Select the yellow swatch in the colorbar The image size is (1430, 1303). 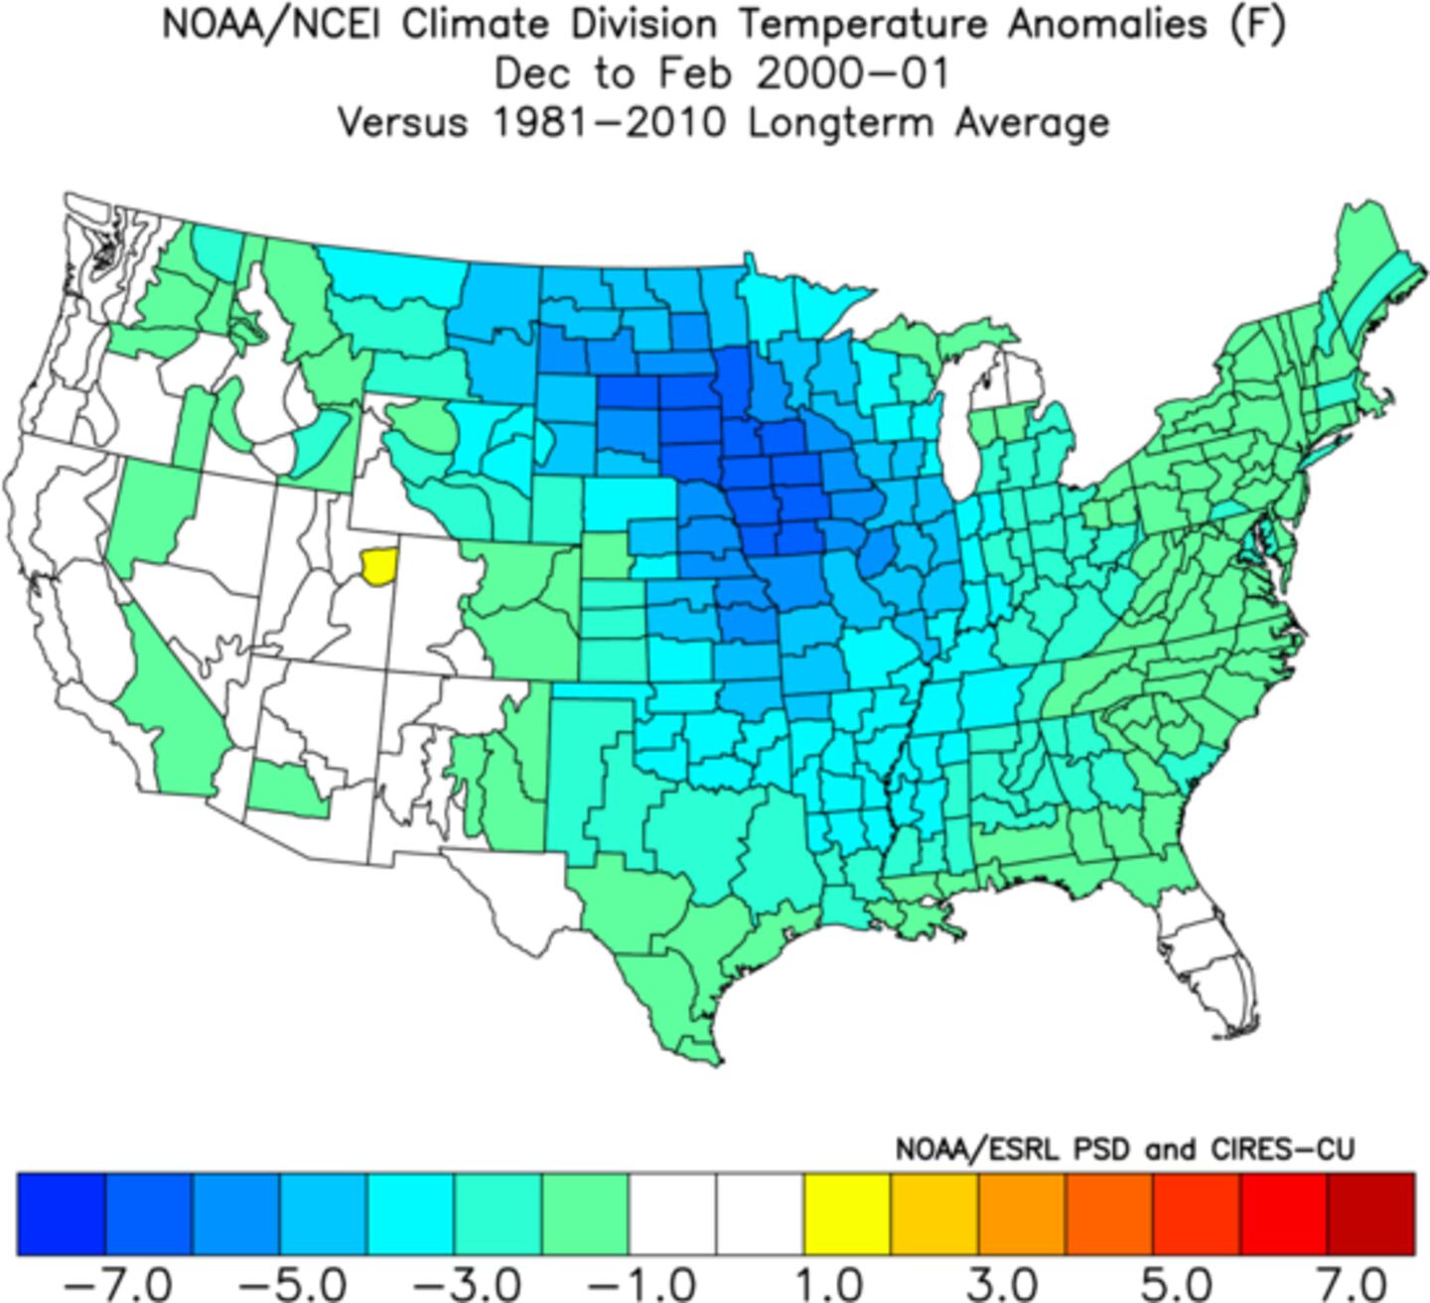pos(846,1214)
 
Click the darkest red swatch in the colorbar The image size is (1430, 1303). pos(1370,1214)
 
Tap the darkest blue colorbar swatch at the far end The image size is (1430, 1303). pos(61,1214)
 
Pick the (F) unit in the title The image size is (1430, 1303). pos(1259,25)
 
